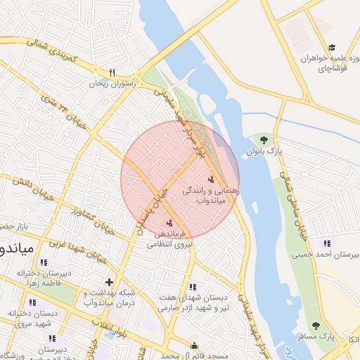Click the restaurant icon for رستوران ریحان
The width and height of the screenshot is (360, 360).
tap(112, 72)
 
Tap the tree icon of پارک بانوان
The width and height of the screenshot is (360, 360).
tap(264, 140)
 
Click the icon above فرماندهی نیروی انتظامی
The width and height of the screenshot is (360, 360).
tap(169, 223)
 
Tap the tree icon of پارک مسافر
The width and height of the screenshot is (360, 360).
tap(315, 326)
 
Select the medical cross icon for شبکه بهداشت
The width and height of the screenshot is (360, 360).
tap(108, 282)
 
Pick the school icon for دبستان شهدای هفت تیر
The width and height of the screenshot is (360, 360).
tap(192, 287)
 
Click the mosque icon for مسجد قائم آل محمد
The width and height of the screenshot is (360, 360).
tap(195, 346)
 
